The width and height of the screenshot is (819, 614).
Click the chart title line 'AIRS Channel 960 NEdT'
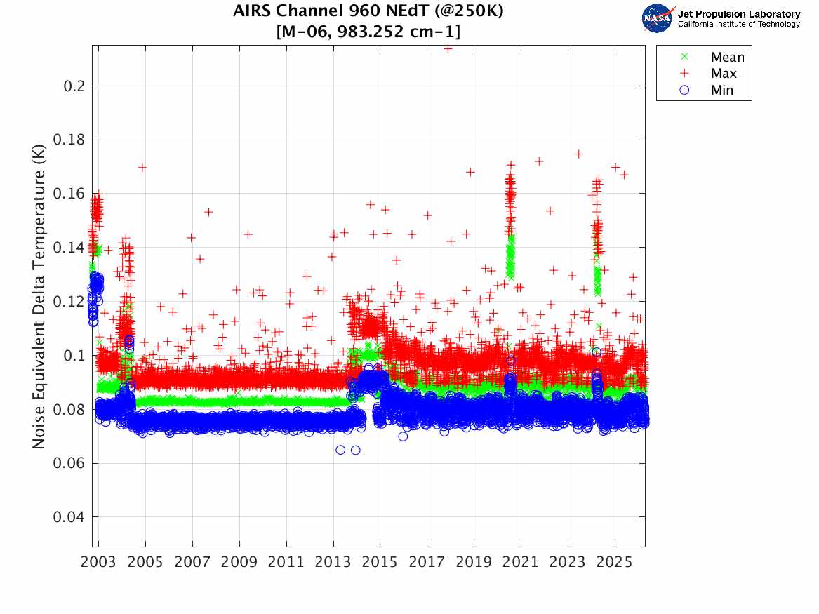pyautogui.click(x=368, y=11)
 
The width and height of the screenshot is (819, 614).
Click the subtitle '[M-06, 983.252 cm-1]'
pyautogui.click(x=368, y=32)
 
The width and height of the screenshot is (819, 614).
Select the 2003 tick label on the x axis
pyautogui.click(x=99, y=563)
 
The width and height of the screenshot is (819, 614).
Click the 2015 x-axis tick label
pyautogui.click(x=380, y=563)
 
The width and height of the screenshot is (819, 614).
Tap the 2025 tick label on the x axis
pyautogui.click(x=615, y=563)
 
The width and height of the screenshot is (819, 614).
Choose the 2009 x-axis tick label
pyautogui.click(x=239, y=563)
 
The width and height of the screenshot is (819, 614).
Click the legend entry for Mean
pyautogui.click(x=727, y=58)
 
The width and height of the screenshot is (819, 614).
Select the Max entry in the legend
pyautogui.click(x=724, y=74)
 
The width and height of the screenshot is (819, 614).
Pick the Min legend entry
pyautogui.click(x=722, y=90)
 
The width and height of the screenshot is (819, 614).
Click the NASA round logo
pyautogui.click(x=658, y=18)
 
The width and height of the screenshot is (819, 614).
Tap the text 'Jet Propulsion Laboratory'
pyautogui.click(x=738, y=14)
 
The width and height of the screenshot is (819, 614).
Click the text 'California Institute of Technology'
pyautogui.click(x=738, y=25)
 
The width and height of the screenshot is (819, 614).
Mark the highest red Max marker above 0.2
pyautogui.click(x=447, y=48)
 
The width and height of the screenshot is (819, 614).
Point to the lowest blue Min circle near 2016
pyautogui.click(x=403, y=436)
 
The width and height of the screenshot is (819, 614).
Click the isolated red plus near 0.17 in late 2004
pyautogui.click(x=142, y=167)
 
